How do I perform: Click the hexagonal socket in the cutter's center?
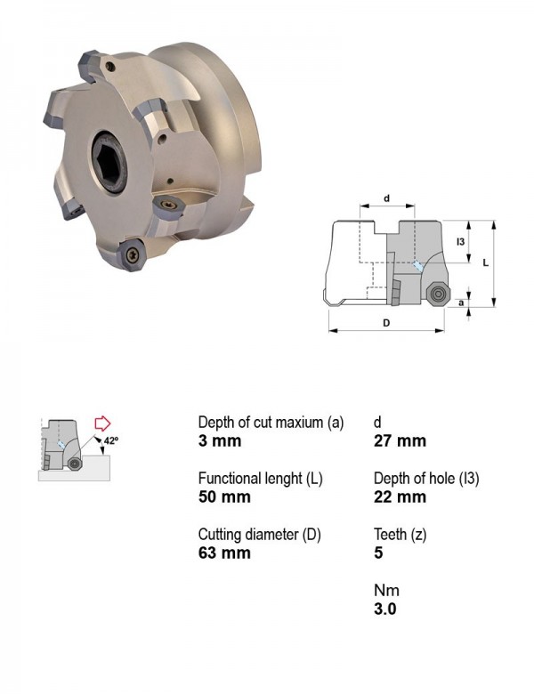[x=109, y=162]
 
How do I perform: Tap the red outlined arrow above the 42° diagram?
[x=102, y=424]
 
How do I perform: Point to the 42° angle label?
[x=111, y=440]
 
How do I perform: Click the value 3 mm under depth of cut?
[x=220, y=441]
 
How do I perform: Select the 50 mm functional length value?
[x=224, y=497]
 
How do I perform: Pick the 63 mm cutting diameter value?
[x=224, y=553]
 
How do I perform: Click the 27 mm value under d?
[x=400, y=441]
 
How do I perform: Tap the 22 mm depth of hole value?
[x=400, y=497]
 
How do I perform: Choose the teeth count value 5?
[x=378, y=553]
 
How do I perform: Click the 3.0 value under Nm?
[x=384, y=609]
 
